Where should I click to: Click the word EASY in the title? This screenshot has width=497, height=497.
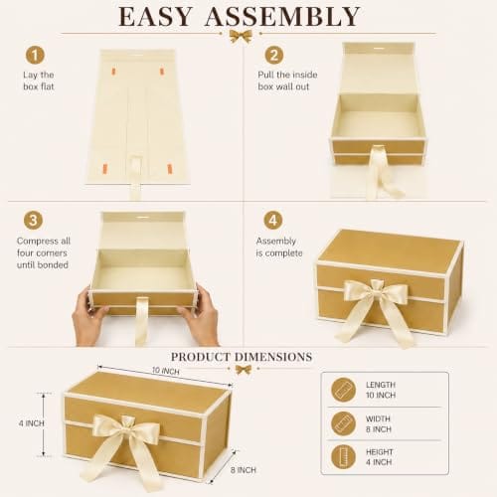click(155, 16)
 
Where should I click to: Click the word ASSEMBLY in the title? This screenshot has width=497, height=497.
click(282, 16)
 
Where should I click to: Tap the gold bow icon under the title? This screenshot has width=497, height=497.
click(241, 36)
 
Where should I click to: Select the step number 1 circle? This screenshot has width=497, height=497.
click(35, 55)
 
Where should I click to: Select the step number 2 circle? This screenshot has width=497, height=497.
click(274, 55)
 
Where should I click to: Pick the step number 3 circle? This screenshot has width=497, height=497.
click(33, 221)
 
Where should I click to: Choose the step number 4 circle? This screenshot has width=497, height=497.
click(273, 221)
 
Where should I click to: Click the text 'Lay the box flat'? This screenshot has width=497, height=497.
click(39, 81)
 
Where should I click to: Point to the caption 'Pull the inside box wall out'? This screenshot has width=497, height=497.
click(287, 81)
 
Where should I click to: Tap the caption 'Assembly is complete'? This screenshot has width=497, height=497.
click(279, 247)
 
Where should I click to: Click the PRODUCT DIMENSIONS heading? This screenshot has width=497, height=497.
click(242, 357)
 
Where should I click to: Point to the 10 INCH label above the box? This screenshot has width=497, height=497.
click(166, 371)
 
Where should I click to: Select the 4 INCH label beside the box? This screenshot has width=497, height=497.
click(32, 423)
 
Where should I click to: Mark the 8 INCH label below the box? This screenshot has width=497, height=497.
click(244, 470)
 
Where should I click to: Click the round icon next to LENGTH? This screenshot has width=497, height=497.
click(344, 390)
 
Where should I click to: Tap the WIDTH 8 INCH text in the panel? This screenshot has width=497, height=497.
click(379, 423)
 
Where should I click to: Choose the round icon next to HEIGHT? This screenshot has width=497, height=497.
click(344, 457)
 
